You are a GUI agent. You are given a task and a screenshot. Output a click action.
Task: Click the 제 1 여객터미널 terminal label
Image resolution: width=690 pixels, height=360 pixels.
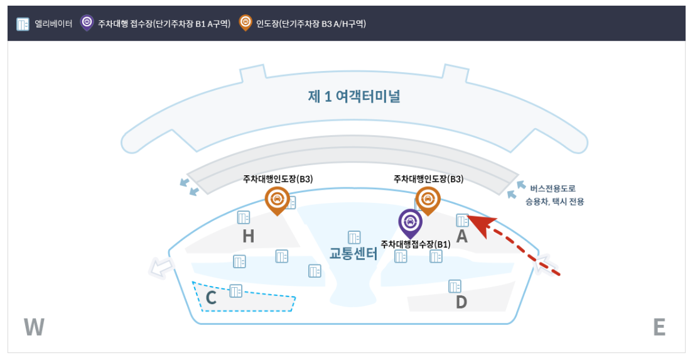pyautogui.click(x=354, y=97)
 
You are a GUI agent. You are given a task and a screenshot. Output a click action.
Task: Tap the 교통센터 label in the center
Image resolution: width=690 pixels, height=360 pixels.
pyautogui.click(x=353, y=254)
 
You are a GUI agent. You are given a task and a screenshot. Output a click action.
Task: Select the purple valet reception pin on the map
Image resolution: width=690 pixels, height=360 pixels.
pyautogui.click(x=411, y=222)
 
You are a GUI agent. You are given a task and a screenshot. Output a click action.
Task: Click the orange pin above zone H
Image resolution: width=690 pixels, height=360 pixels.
pyautogui.click(x=276, y=199)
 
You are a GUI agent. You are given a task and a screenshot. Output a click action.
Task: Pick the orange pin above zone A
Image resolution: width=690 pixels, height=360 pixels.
pyautogui.click(x=428, y=199)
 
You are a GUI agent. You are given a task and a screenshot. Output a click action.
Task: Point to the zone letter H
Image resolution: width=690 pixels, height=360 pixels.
pyautogui.click(x=249, y=237)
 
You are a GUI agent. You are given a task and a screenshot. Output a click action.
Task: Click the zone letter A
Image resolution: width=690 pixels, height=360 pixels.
pyautogui.click(x=462, y=237)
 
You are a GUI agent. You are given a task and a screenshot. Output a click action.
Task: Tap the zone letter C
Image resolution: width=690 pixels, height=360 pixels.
pyautogui.click(x=211, y=298)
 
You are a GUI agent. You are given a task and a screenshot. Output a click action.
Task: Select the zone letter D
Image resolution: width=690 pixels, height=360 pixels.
pyautogui.click(x=461, y=302)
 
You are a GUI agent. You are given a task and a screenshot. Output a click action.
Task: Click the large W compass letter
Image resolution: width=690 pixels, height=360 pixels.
pyautogui.click(x=34, y=327)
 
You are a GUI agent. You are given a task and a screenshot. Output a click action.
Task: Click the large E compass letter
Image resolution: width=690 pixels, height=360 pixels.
pyautogui.click(x=659, y=327)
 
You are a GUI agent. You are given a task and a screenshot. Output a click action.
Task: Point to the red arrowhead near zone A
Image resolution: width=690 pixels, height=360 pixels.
pyautogui.click(x=480, y=224)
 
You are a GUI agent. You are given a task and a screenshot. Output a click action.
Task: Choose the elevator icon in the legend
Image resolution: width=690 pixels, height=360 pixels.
pyautogui.click(x=23, y=24)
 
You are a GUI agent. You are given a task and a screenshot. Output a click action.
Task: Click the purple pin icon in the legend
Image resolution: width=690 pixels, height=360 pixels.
pyautogui.click(x=87, y=23)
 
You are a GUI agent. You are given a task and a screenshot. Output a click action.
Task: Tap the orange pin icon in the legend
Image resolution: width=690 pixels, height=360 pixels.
pyautogui.click(x=245, y=23)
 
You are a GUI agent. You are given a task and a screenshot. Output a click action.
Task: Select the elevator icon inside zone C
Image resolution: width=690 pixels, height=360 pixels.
pyautogui.click(x=236, y=291)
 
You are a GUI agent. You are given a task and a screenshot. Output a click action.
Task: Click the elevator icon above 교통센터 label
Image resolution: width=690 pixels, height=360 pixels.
pyautogui.click(x=354, y=237)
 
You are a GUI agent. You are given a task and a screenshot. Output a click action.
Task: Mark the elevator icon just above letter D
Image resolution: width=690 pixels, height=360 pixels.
pyautogui.click(x=455, y=286)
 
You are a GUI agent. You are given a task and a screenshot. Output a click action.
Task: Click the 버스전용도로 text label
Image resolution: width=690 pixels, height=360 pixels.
pyautogui.click(x=553, y=188)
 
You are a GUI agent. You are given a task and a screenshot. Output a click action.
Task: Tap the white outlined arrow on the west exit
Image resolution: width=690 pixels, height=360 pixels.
pyautogui.click(x=161, y=268)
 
